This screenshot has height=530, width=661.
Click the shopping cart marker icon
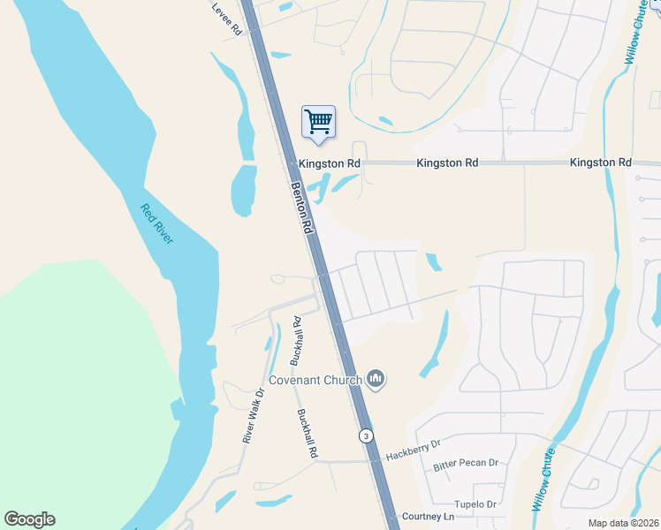coord(318,121)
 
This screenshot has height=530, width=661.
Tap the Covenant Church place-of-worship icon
coord(376,380)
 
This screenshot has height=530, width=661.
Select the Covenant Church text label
coord(315,381)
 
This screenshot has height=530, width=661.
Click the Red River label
coord(157,224)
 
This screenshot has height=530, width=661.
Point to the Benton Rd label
coord(303,208)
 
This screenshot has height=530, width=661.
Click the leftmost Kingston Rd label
coord(329,163)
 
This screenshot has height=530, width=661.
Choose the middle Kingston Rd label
coord(447,163)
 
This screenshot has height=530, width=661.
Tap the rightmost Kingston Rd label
coord(601,163)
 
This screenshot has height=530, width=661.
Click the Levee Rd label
coord(227,18)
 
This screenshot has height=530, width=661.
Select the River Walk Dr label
coord(254,416)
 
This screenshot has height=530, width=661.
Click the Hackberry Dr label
coord(412,451)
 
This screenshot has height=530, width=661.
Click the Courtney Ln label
coord(428,516)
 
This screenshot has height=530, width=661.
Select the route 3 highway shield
coord(366,436)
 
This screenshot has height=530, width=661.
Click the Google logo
coord(29,519)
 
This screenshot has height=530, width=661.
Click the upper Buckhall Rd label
coord(297,341)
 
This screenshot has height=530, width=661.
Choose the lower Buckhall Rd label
coord(308,433)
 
